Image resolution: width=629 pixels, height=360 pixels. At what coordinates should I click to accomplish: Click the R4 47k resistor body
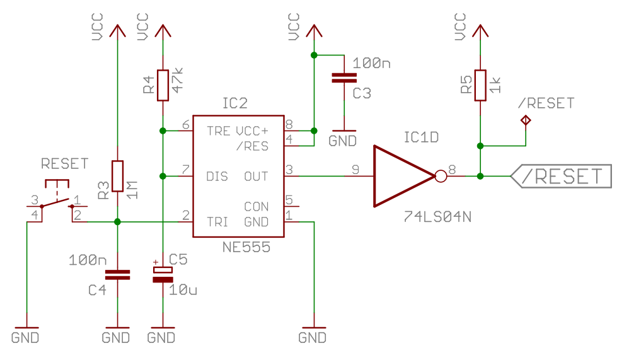tap(163, 85)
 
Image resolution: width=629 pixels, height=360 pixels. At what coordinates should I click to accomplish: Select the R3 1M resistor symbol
tap(117, 176)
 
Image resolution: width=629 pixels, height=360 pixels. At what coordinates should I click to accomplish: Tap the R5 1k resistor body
tap(480, 85)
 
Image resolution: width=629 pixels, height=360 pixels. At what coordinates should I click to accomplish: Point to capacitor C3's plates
tap(344, 78)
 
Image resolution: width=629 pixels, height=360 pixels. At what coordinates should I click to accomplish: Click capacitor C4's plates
tap(117, 275)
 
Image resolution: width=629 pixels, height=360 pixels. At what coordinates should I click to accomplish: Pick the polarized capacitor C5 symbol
tap(163, 275)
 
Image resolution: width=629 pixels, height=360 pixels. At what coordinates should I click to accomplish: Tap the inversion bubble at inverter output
tap(441, 176)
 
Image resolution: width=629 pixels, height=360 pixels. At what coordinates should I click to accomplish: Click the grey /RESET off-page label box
tap(561, 176)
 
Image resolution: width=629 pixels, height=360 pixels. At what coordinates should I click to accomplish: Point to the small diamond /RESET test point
tap(526, 120)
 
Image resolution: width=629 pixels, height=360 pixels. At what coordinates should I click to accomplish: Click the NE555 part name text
tap(246, 247)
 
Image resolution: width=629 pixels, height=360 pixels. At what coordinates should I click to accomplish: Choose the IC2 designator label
tap(235, 103)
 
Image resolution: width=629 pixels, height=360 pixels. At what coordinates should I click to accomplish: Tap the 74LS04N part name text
tap(437, 217)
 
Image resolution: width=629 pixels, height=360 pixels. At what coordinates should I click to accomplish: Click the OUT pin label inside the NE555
tap(256, 176)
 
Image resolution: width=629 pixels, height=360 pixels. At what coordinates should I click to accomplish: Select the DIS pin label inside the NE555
tap(217, 176)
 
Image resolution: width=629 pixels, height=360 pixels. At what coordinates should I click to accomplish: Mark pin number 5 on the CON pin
tap(289, 199)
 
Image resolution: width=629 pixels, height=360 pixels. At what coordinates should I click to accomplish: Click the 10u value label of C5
tap(183, 290)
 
